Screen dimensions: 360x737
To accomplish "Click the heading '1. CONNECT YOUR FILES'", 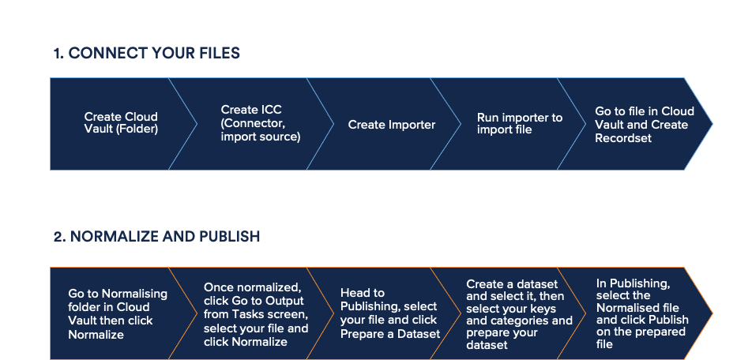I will (146, 54).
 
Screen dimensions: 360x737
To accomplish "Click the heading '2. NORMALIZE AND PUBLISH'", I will (156, 237).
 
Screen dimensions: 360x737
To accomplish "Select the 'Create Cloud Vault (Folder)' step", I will (120, 123).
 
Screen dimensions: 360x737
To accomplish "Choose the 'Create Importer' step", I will (391, 125).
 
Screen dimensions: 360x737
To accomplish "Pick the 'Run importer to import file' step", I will (519, 123).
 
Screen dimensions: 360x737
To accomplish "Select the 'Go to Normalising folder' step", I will (117, 314).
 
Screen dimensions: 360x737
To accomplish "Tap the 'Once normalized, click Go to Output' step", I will (255, 314).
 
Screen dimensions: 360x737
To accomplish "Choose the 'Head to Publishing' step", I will (388, 313).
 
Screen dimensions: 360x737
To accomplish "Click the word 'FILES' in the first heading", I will (220, 54).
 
